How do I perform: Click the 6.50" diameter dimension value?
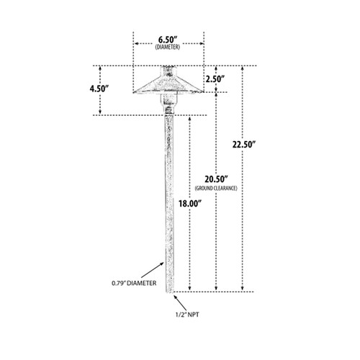pos(168,40)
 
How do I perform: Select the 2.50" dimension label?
pos(215,78)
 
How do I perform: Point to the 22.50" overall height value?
pos(244,145)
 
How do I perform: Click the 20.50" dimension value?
pos(216,179)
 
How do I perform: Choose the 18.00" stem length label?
pos(189,204)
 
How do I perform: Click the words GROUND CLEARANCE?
pos(216,188)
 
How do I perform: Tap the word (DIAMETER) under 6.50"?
pos(168,47)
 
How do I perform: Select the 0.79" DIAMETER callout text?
pos(134,283)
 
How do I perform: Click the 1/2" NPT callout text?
pos(187,315)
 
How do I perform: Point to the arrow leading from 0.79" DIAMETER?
pos(152,270)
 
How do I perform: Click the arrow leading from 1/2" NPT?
pos(180,303)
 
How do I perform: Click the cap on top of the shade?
pos(168,71)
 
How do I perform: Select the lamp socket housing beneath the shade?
pos(169,103)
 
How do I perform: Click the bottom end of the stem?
pos(169,292)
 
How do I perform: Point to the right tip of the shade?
pos(203,91)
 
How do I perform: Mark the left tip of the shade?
pos(134,91)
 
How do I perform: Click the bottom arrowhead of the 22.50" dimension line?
pos(243,289)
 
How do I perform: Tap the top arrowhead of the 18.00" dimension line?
pos(190,119)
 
